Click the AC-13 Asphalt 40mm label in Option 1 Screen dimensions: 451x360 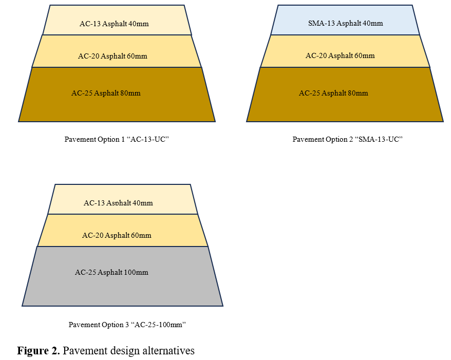114,24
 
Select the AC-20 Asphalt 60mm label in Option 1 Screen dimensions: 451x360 112,56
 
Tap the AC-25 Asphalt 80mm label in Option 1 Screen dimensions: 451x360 106,93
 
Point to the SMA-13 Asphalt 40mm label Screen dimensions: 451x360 345,23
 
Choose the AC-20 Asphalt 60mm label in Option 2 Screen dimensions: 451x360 340,55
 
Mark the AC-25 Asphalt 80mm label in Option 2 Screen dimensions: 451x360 333,93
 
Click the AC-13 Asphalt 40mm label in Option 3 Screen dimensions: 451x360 118,203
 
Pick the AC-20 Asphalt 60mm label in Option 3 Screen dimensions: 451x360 117,235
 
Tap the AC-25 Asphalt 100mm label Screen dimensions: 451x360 111,272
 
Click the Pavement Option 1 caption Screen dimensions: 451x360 117,139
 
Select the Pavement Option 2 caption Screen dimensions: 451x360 347,139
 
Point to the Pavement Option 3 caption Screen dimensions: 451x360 127,325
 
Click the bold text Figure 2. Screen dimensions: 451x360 39,351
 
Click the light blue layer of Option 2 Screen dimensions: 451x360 345,20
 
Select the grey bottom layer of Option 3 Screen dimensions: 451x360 123,276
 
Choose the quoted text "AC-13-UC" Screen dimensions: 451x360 148,139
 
